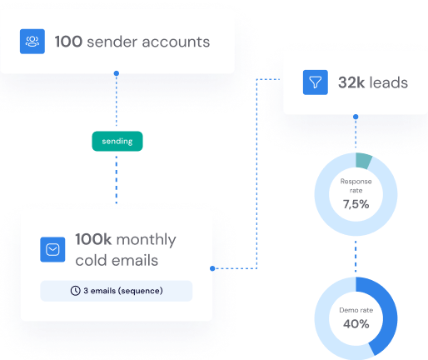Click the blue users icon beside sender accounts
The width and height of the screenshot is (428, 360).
click(x=32, y=42)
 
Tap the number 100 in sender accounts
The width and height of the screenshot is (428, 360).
click(x=68, y=42)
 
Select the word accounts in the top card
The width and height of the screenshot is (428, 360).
click(x=176, y=42)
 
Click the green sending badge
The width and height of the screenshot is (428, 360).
click(x=117, y=141)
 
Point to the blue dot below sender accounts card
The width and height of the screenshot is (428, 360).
click(x=117, y=73)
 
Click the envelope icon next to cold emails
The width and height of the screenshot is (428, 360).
click(x=52, y=249)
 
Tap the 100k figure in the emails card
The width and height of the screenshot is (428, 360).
click(x=93, y=239)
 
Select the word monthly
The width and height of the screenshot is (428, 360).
click(x=146, y=240)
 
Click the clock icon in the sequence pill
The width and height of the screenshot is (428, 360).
click(x=75, y=291)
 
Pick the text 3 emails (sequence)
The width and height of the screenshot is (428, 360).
click(x=123, y=291)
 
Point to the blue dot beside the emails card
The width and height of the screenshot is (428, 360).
click(x=212, y=268)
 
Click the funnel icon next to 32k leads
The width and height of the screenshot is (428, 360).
click(x=316, y=82)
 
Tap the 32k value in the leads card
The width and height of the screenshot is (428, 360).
click(x=351, y=82)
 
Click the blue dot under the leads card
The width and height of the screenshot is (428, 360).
click(x=356, y=117)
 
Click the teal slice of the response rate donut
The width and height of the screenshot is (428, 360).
click(x=363, y=161)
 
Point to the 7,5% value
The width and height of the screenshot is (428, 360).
click(x=356, y=204)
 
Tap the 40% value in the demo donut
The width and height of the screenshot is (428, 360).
click(x=356, y=324)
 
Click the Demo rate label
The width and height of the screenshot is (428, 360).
click(x=356, y=310)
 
